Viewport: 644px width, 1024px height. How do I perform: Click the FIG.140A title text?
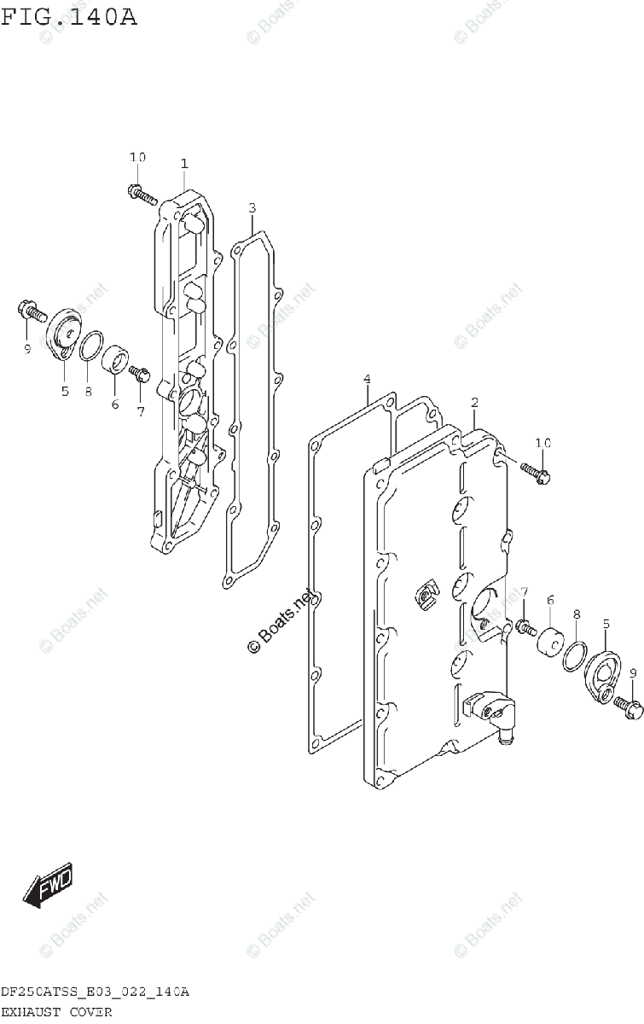(68, 16)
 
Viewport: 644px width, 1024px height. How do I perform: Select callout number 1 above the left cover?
(183, 163)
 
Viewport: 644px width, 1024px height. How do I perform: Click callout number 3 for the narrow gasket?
(252, 207)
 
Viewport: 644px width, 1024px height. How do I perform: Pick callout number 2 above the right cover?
(474, 402)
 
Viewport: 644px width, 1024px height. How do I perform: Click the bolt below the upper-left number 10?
(142, 195)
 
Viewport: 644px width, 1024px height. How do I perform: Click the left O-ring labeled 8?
(91, 346)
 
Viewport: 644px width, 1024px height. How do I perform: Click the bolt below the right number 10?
(535, 470)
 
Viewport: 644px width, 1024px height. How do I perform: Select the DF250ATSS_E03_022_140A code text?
(95, 992)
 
